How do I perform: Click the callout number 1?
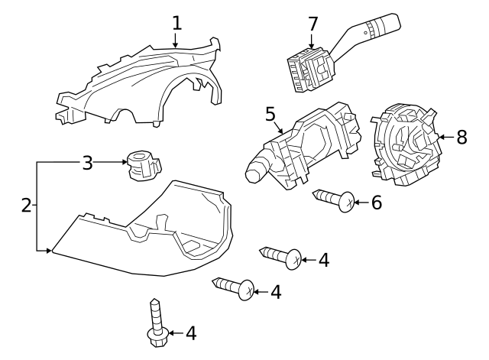[x=176, y=23]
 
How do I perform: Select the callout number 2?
[x=26, y=206]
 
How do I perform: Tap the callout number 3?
[x=88, y=163]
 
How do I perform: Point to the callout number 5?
[x=270, y=114]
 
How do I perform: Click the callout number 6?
[x=377, y=203]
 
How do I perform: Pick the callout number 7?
[x=313, y=24]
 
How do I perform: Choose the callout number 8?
[x=461, y=137]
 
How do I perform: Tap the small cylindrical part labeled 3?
[x=144, y=165]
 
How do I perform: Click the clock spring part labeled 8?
[x=406, y=144]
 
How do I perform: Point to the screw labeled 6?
[x=334, y=200]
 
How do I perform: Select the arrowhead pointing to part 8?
[x=442, y=137]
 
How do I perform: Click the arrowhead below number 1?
[x=175, y=45]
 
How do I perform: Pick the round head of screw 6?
[x=347, y=202]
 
